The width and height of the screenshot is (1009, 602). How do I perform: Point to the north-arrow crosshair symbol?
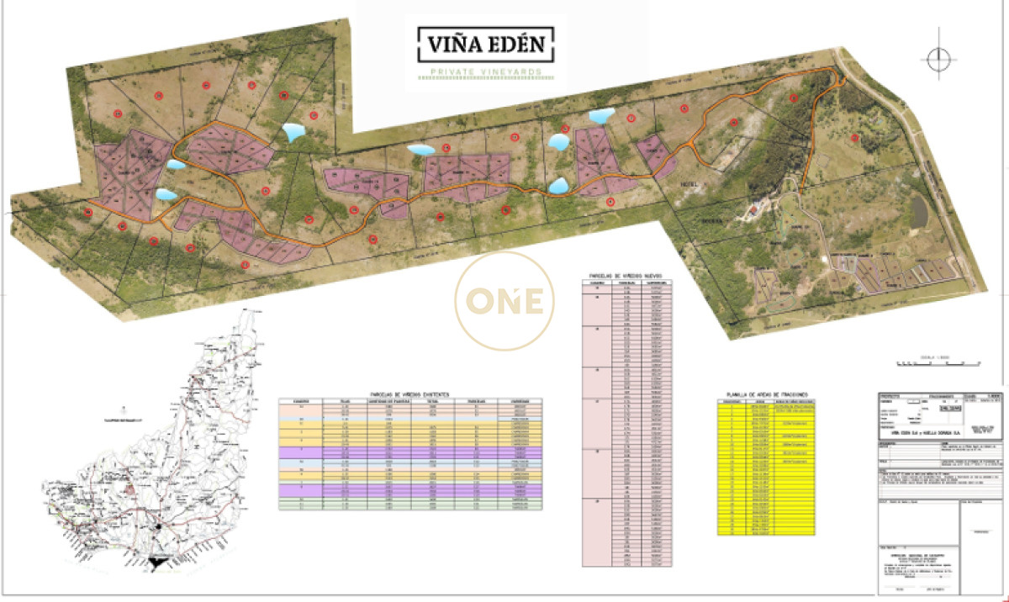[938, 59]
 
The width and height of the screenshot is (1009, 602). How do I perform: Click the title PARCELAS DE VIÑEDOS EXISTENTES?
[410, 393]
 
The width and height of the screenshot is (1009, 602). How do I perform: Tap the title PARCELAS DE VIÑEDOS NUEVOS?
[626, 275]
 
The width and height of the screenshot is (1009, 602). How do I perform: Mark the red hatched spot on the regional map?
[130, 489]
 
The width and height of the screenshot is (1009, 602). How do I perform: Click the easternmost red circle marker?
[855, 138]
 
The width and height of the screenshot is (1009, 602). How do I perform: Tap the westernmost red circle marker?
[88, 212]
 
